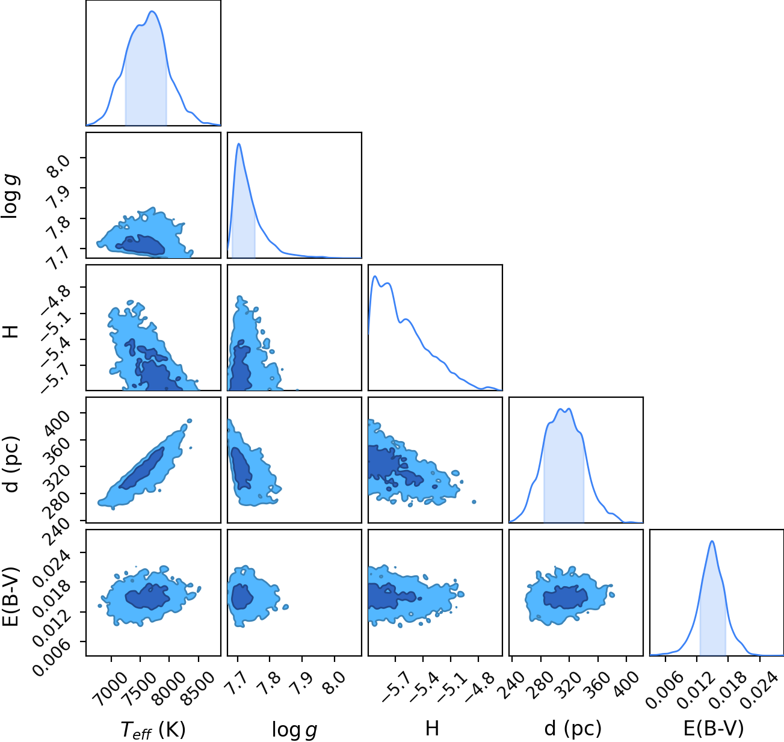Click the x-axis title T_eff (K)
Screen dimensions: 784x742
tap(153, 729)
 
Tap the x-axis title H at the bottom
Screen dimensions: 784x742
tap(432, 728)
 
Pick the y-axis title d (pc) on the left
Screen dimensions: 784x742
tap(11, 465)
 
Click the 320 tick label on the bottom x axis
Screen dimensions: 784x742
tap(566, 685)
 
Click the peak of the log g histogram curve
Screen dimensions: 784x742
tap(238, 144)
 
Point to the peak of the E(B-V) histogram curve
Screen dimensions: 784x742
tap(712, 542)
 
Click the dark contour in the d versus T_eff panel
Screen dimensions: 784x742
tap(142, 468)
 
